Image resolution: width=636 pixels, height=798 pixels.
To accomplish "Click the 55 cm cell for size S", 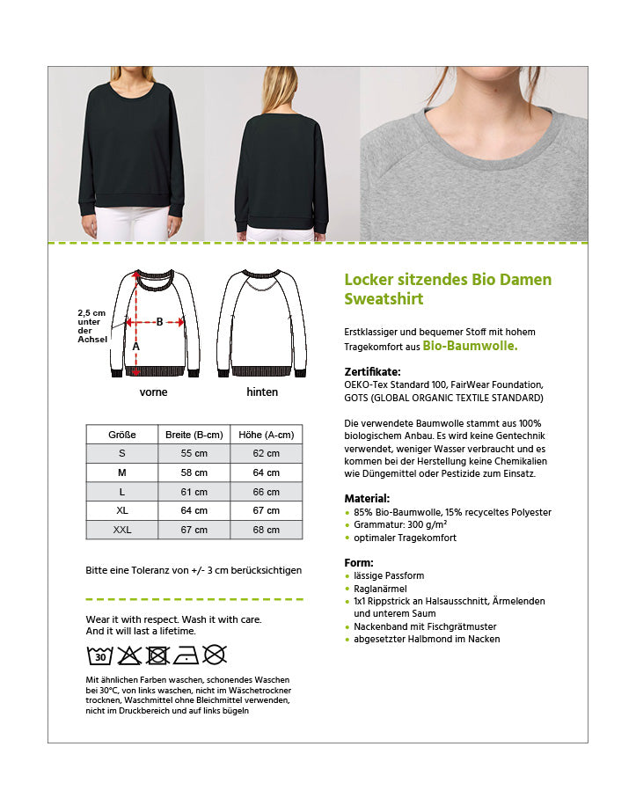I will [x=194, y=453].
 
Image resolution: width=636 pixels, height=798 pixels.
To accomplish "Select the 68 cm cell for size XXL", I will [x=266, y=530].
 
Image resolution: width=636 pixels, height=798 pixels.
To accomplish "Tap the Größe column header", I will [x=121, y=435].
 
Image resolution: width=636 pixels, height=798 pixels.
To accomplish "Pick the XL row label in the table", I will [x=121, y=510].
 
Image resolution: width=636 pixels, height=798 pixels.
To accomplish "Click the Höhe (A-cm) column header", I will [x=266, y=435].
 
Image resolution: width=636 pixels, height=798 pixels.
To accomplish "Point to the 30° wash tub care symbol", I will [x=100, y=655].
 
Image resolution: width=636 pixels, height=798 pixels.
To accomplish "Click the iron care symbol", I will [x=186, y=655].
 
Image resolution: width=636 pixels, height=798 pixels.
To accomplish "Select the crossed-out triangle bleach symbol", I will [x=129, y=655].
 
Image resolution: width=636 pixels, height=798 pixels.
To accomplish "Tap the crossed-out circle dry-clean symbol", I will [x=215, y=655].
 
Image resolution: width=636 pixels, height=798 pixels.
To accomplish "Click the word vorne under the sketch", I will [x=153, y=392].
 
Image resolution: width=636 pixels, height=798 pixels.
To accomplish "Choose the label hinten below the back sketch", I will [x=262, y=392].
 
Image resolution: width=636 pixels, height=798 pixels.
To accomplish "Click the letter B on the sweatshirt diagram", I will [x=159, y=321].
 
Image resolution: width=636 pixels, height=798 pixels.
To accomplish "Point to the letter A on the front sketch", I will [x=135, y=347].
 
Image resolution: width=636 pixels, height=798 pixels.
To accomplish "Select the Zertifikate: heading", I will [x=372, y=371].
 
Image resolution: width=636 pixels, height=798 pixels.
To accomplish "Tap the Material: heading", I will [x=367, y=498].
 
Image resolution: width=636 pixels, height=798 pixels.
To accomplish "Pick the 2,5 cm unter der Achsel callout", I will [x=91, y=326].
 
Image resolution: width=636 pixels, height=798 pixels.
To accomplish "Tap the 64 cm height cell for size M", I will [x=266, y=472].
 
